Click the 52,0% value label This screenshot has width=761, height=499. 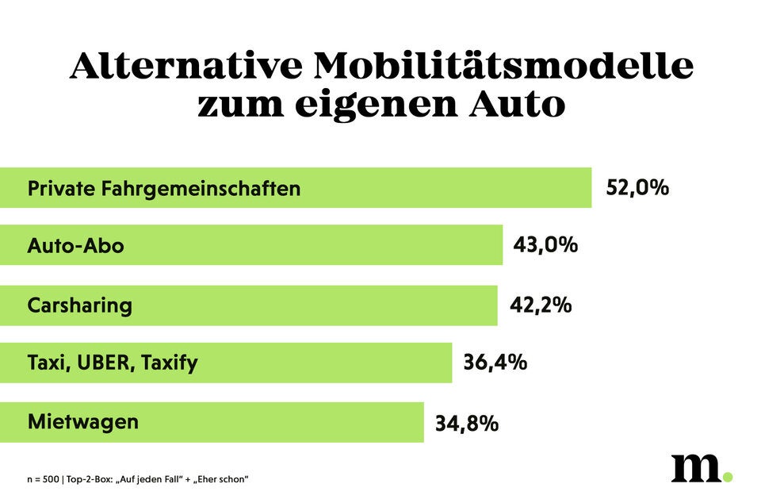(x=637, y=188)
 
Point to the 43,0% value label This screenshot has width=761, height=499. (x=545, y=244)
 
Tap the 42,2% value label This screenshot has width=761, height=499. (x=540, y=305)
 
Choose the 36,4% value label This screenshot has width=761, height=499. (x=495, y=363)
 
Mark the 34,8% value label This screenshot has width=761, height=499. (x=466, y=423)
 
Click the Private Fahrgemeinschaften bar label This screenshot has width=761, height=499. (x=164, y=189)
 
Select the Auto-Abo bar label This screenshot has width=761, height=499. (x=75, y=246)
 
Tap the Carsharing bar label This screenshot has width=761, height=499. (x=79, y=305)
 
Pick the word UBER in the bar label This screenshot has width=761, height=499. (x=105, y=363)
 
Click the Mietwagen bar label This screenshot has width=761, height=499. (x=82, y=421)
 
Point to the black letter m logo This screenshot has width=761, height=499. (x=695, y=468)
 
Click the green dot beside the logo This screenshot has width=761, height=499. (x=728, y=477)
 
